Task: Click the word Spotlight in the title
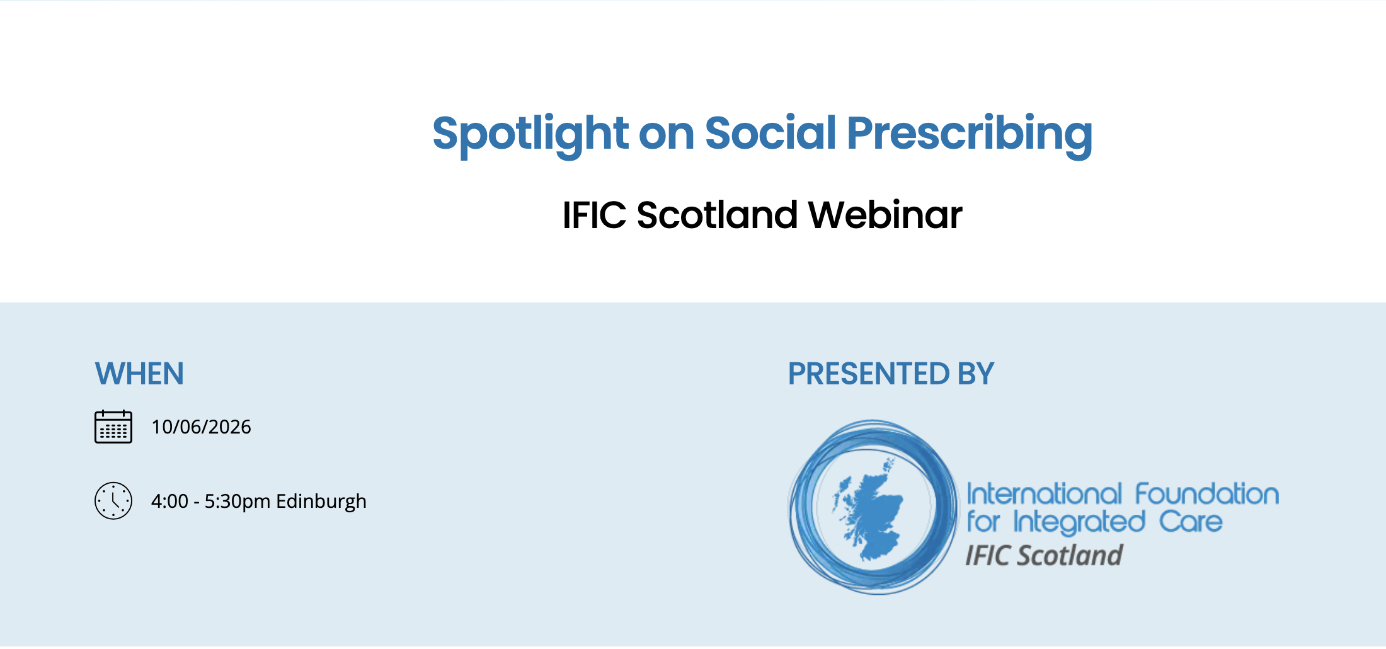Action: (530, 134)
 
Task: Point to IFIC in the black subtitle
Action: (594, 215)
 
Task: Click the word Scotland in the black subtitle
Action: (718, 215)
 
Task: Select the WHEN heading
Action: (139, 374)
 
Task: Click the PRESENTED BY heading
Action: (891, 374)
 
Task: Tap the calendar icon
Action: (113, 427)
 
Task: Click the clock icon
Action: (113, 501)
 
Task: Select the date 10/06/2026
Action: (201, 427)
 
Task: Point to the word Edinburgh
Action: (321, 502)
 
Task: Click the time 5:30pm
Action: (238, 502)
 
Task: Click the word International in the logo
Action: (1044, 495)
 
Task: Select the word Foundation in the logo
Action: (1207, 495)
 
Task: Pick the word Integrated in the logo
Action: (1079, 522)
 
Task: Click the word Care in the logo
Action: (1191, 522)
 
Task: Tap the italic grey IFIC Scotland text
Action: (1044, 556)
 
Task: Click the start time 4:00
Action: (169, 502)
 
